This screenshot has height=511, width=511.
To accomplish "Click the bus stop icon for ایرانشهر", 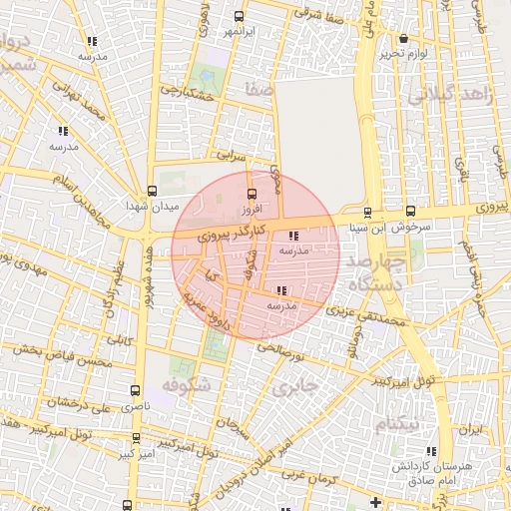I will point(238,16).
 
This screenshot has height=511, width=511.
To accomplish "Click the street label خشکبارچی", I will point(191,94).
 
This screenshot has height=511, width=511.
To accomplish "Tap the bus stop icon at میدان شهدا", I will point(152,190).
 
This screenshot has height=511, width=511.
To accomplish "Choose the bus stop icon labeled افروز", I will point(251,194).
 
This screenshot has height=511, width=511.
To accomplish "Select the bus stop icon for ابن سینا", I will point(367,212).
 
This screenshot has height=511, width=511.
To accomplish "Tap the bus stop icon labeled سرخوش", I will point(410,212).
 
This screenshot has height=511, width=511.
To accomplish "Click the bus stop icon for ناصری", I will point(135,391).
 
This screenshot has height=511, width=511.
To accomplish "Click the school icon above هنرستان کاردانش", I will point(431,450).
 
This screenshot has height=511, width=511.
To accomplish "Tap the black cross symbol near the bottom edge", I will point(375,501).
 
